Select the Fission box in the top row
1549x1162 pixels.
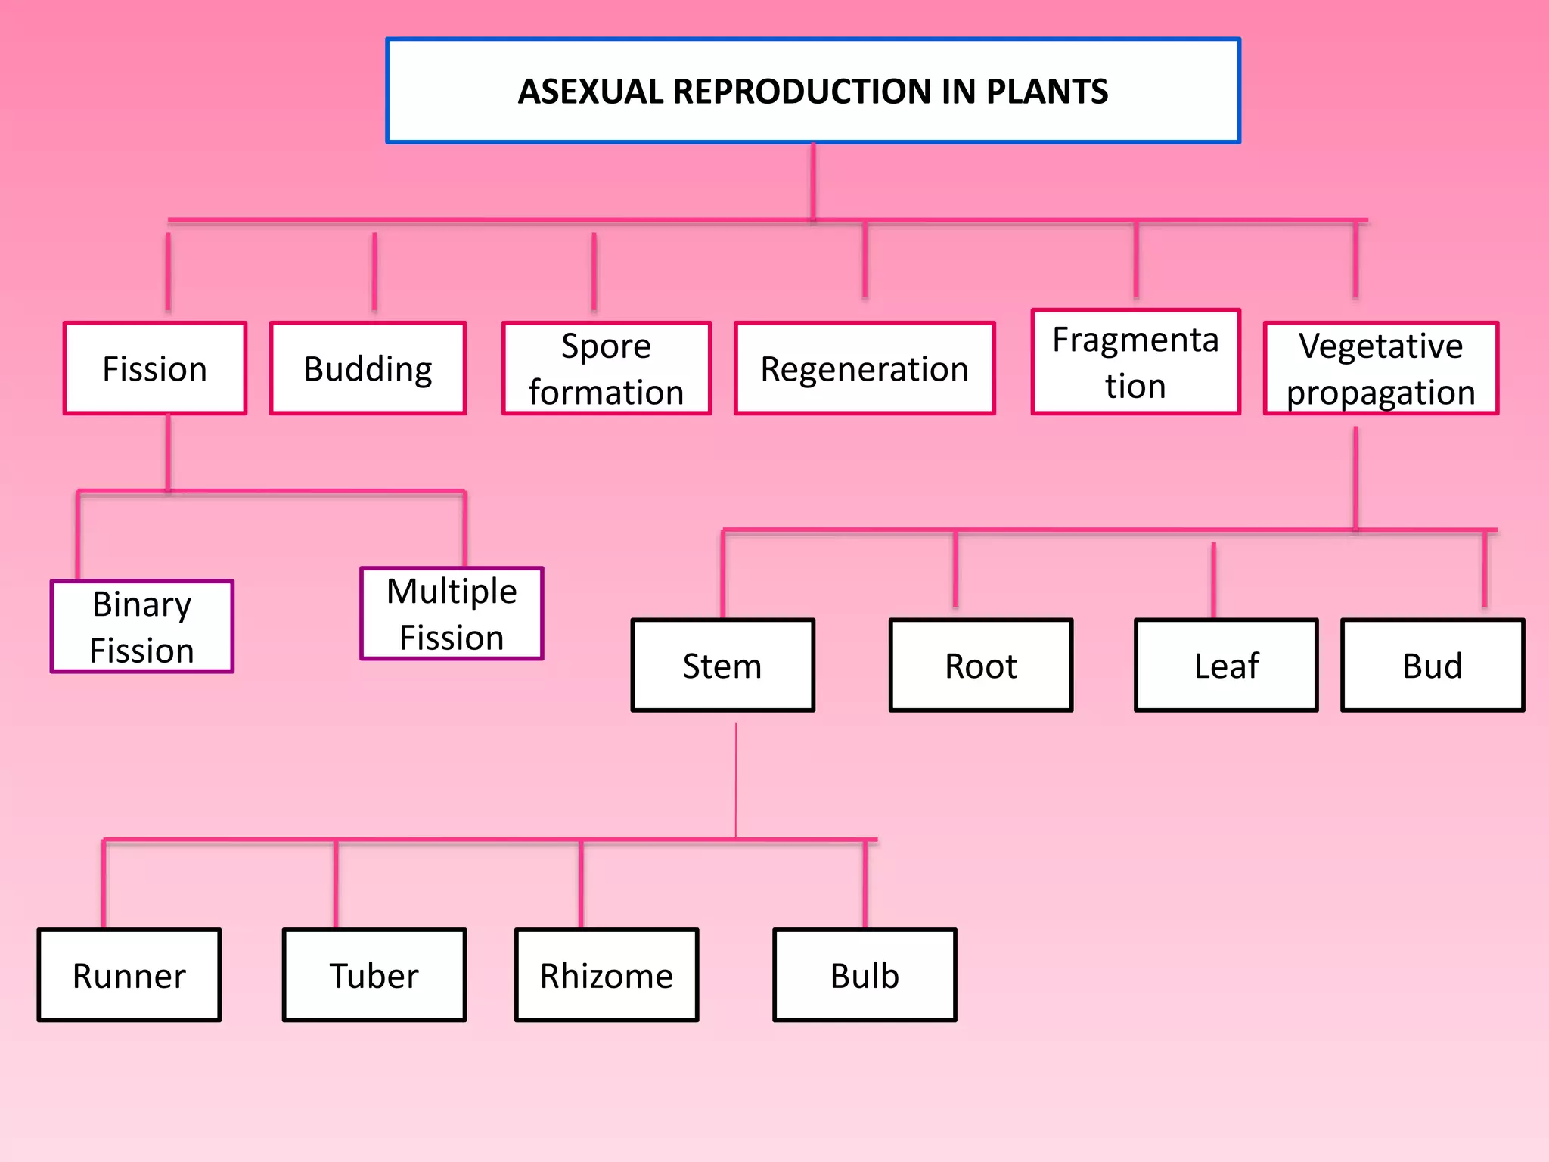(155, 368)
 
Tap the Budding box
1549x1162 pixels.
(368, 368)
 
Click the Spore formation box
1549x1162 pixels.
(607, 368)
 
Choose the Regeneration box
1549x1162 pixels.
(865, 368)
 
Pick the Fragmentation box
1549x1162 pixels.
(1135, 362)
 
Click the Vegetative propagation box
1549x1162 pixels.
(1380, 368)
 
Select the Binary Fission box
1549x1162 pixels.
(142, 626)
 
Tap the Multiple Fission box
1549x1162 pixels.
(452, 614)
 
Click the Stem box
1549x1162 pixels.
(722, 665)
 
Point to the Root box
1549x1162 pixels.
(980, 665)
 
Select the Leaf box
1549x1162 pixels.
(1226, 665)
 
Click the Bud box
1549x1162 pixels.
(1433, 665)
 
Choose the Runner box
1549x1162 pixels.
(129, 975)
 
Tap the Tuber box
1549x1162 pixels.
(374, 975)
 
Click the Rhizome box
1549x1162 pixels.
(607, 975)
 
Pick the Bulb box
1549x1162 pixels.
(865, 975)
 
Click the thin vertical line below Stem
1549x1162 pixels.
(736, 779)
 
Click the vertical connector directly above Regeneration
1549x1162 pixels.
(865, 261)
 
